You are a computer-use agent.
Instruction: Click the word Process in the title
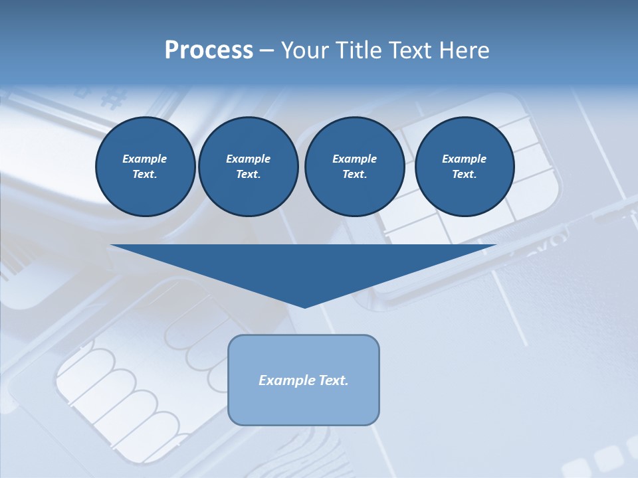pos(209,50)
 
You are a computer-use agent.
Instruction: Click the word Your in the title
pos(304,50)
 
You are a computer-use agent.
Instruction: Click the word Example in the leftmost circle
pos(145,159)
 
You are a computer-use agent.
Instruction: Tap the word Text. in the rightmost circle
pos(464,174)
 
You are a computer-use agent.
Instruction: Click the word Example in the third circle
pos(354,159)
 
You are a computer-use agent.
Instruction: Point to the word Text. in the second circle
pos(248,174)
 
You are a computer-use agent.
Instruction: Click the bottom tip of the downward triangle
pos(304,307)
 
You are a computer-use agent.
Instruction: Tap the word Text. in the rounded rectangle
pos(334,380)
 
